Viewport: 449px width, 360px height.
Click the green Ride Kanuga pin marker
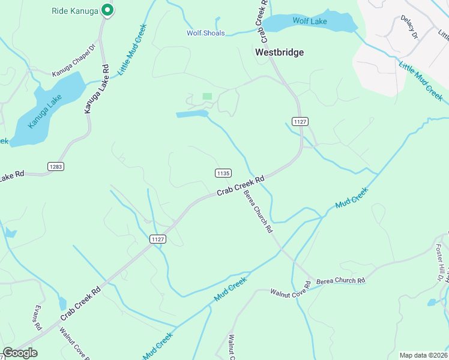107,10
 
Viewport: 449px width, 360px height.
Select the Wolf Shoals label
205,33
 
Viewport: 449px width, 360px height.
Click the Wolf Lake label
310,21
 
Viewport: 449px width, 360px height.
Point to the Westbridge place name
279,52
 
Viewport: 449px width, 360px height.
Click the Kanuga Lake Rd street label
96,89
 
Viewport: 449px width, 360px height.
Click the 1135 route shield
222,173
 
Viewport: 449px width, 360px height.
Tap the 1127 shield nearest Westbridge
300,121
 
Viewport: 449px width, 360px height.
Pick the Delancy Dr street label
409,28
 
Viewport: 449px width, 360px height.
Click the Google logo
19,353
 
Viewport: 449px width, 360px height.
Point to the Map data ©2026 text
423,355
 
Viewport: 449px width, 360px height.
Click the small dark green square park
208,96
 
